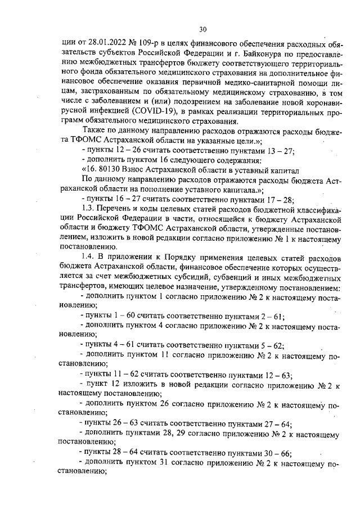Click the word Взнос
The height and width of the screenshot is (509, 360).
click(136, 170)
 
